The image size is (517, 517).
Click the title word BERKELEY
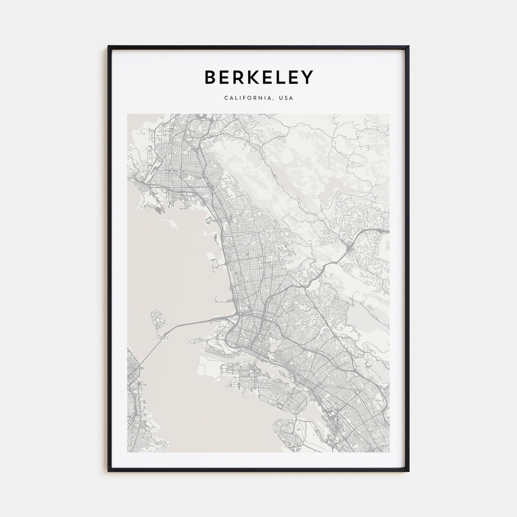258,77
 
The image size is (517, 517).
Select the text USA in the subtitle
285,98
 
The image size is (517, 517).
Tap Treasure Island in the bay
157,318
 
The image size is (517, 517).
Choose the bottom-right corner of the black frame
408,471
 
